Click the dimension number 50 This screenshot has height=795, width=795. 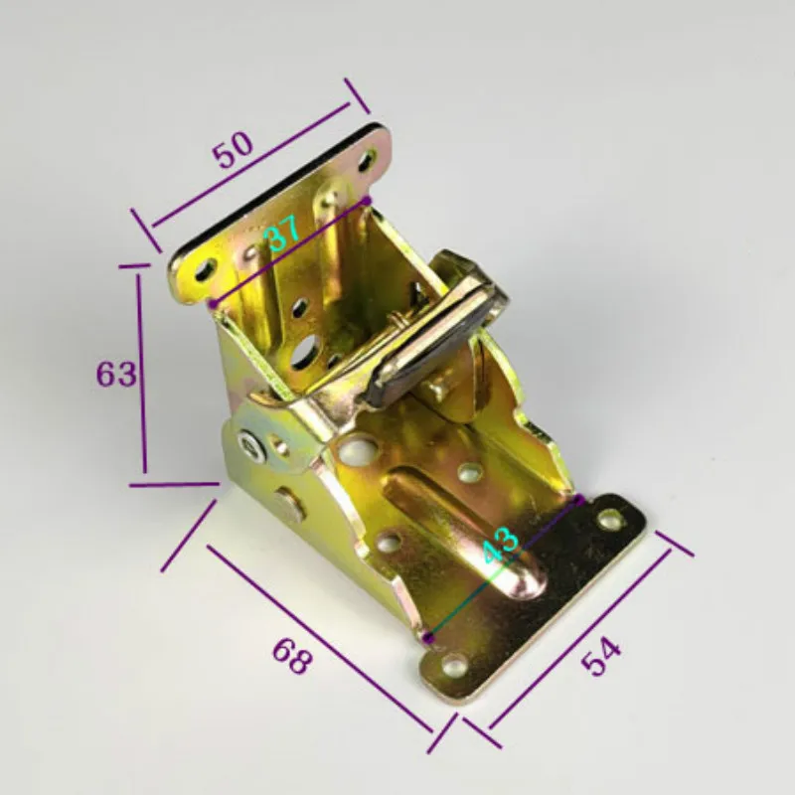pos(233,149)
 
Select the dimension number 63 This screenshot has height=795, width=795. pos(116,375)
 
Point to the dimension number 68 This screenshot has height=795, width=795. pos(291,656)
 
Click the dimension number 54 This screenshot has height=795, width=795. pos(601,657)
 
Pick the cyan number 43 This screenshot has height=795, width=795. pos(501,544)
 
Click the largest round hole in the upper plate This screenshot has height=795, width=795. pos(303,352)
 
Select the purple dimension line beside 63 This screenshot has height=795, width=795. pos(141,374)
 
